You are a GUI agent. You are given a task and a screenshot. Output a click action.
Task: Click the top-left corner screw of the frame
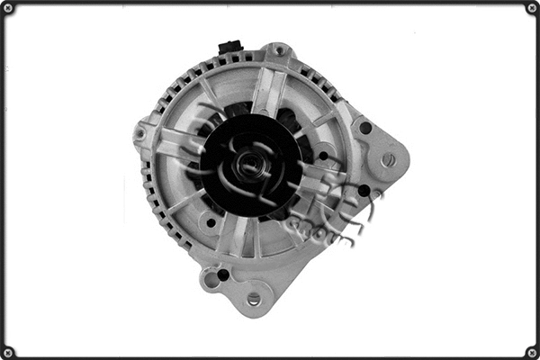coord(8,8)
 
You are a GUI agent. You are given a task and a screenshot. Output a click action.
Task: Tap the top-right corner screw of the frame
coord(531,8)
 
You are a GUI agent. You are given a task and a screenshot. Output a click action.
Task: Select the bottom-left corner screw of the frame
coord(8,351)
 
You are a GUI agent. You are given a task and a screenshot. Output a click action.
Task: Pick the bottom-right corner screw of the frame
coord(531,351)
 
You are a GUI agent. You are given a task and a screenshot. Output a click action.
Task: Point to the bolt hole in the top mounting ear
coord(279,51)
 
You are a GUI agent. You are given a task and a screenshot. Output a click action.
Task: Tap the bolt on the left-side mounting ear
coord(140,134)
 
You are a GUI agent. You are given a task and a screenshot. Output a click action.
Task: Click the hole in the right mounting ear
coord(388,159)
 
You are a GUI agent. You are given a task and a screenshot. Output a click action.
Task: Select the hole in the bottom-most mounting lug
coord(254,299)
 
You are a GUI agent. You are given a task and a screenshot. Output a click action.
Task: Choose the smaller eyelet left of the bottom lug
coord(212,281)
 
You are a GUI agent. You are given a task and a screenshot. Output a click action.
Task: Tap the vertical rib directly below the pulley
coord(243,236)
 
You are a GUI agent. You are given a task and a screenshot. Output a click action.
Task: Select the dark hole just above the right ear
coord(365,128)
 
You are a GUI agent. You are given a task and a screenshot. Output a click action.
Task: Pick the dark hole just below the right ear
coord(363,191)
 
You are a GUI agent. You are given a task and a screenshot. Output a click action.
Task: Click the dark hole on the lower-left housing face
coord(210,222)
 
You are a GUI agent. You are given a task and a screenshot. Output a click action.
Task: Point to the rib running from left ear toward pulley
coord(176,142)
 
